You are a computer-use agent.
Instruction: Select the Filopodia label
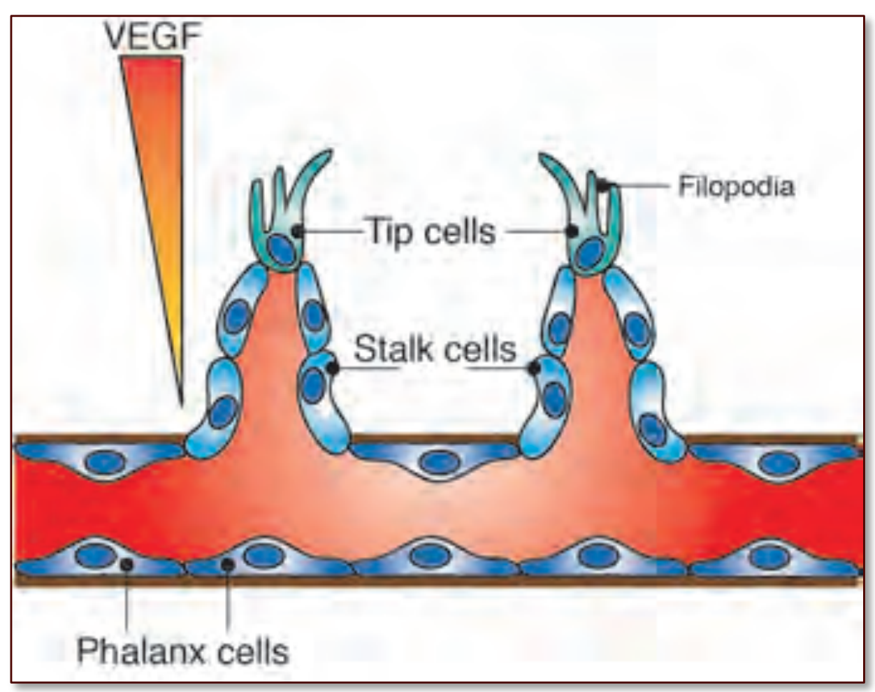(x=736, y=187)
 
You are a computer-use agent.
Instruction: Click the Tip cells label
(x=431, y=231)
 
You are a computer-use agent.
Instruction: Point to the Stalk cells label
(x=435, y=349)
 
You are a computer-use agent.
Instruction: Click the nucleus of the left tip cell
(x=280, y=250)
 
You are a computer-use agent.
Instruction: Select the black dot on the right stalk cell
(x=535, y=366)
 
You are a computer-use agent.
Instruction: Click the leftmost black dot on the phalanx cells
(x=126, y=564)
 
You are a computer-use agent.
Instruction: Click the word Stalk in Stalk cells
(x=389, y=349)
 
